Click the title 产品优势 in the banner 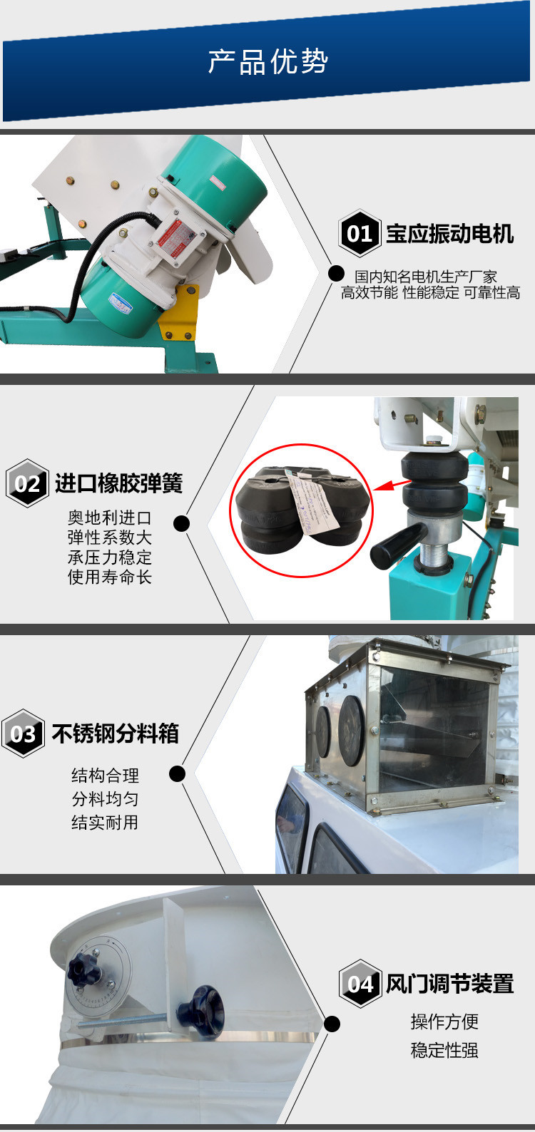[x=267, y=62]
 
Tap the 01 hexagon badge [x=360, y=233]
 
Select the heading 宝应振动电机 [x=449, y=234]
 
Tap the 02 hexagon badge [x=27, y=483]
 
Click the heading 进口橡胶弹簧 [x=118, y=483]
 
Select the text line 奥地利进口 [x=109, y=518]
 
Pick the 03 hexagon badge [x=23, y=734]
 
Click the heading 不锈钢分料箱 [x=115, y=734]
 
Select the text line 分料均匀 [x=105, y=798]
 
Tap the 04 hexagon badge [x=360, y=984]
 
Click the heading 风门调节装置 [x=449, y=984]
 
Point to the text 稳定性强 [x=444, y=1050]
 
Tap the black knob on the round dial [x=83, y=971]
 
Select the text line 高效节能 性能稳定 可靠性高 [x=430, y=292]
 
